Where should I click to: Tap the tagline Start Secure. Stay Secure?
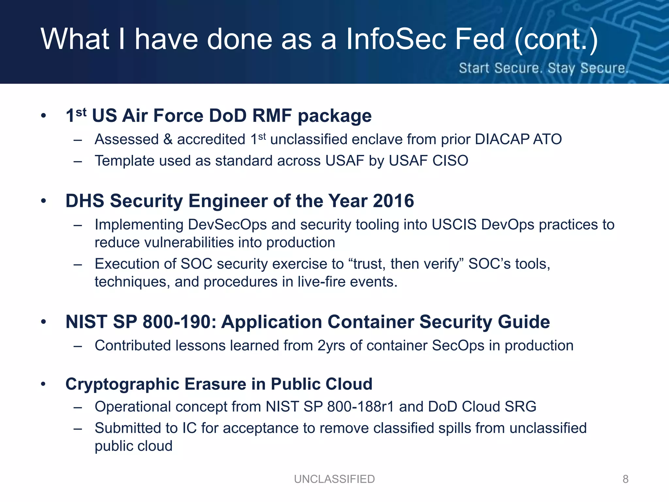click(x=543, y=68)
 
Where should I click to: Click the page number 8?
click(x=625, y=479)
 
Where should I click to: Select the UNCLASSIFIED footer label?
click(x=334, y=479)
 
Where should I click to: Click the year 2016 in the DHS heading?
click(x=393, y=201)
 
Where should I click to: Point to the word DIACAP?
click(x=502, y=140)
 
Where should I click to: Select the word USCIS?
click(x=454, y=225)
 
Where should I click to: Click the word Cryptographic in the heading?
click(x=122, y=384)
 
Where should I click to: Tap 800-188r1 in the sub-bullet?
click(x=361, y=407)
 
